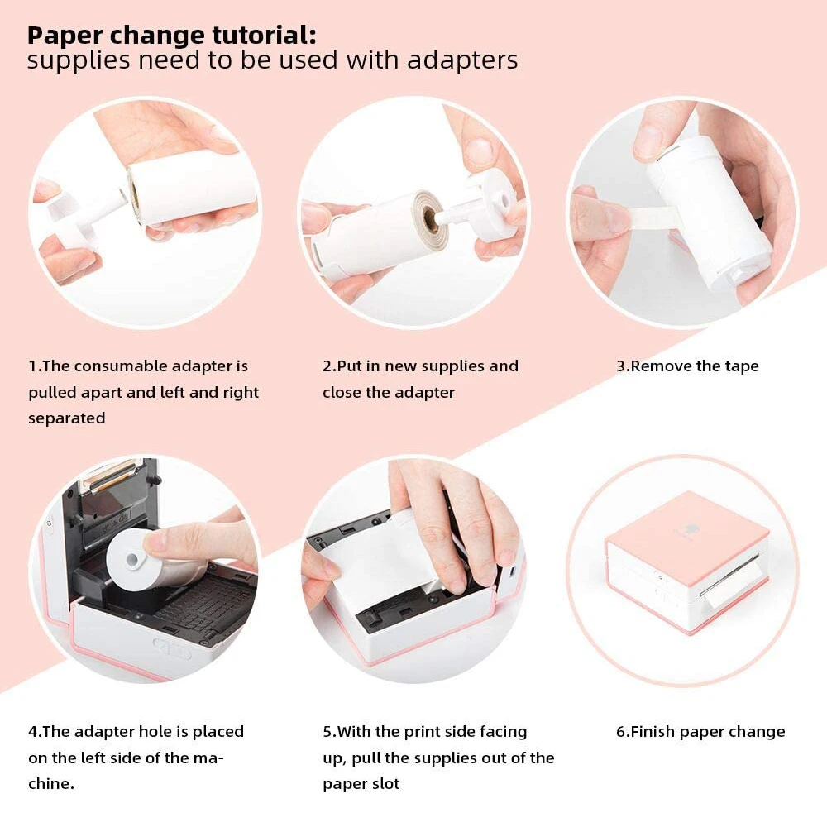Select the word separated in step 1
pyautogui.click(x=66, y=418)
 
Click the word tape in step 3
pyautogui.click(x=740, y=366)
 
